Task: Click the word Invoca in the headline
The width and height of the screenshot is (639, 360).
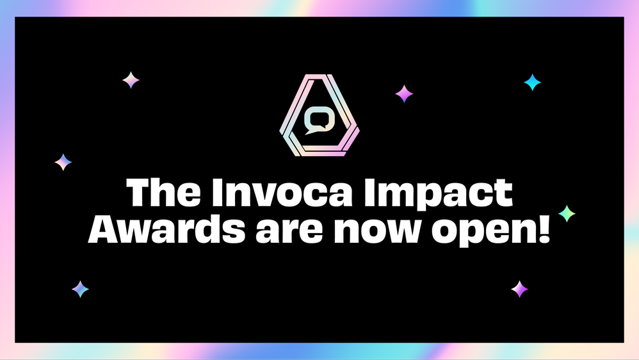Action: click(x=282, y=192)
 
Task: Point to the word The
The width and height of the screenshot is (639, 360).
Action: click(x=163, y=192)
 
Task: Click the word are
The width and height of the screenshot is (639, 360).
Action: click(x=291, y=233)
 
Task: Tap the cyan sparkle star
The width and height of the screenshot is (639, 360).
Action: click(x=532, y=83)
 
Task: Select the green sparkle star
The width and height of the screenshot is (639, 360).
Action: click(x=567, y=214)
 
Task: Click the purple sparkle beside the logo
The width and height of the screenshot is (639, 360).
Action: click(x=404, y=94)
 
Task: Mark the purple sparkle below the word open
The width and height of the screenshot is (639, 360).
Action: click(x=519, y=289)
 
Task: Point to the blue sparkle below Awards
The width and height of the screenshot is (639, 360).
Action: click(x=80, y=289)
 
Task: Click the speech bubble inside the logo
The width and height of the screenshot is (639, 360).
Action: click(x=319, y=121)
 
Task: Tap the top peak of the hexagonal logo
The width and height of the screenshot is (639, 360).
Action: click(x=319, y=76)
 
